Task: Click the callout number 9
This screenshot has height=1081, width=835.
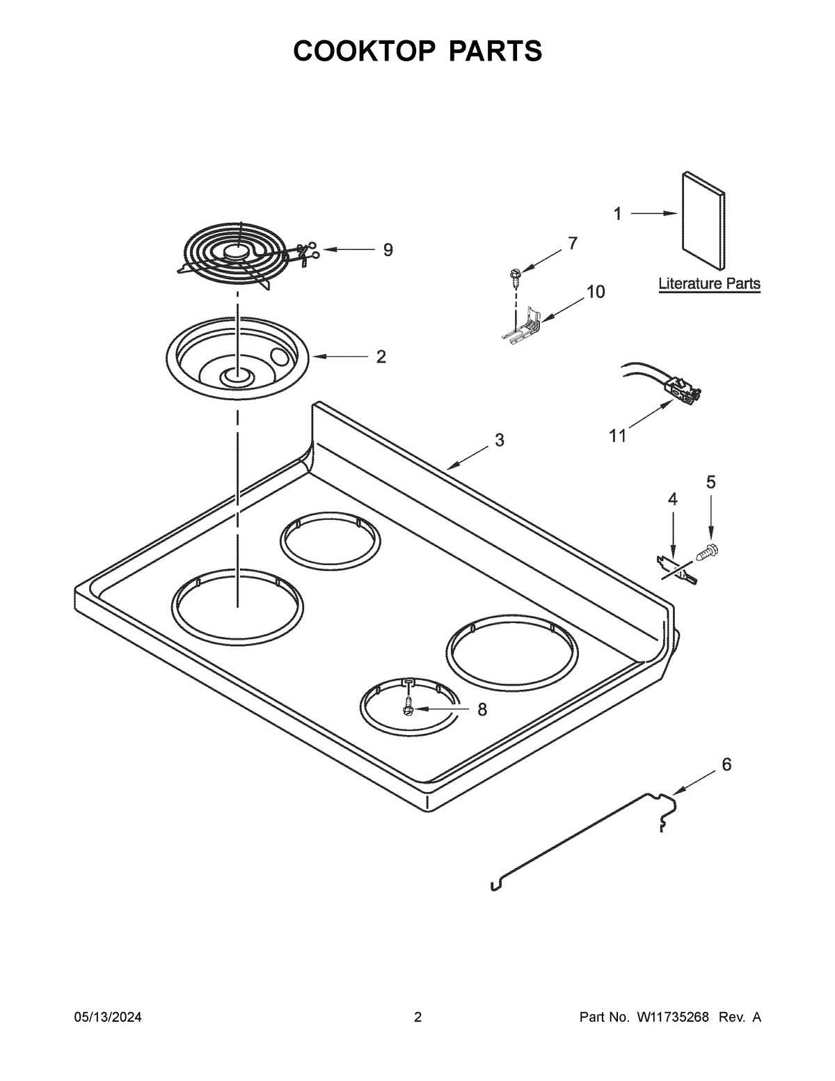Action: click(x=388, y=249)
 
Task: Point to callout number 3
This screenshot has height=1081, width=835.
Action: click(x=499, y=440)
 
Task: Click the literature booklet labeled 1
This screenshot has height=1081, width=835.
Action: click(x=703, y=221)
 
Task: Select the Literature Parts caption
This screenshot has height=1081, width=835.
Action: click(x=709, y=284)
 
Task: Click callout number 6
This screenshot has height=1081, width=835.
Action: click(x=726, y=764)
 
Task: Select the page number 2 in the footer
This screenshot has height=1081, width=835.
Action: click(x=417, y=1018)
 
